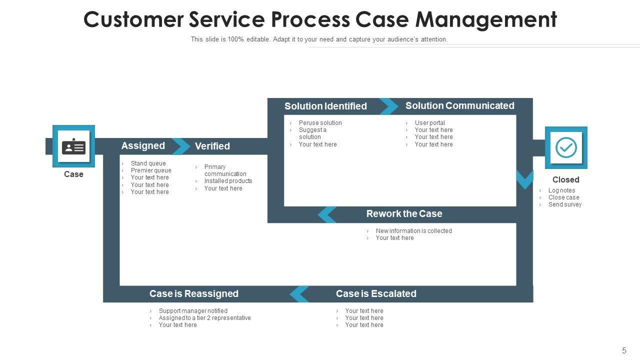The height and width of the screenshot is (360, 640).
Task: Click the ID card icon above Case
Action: (73, 146)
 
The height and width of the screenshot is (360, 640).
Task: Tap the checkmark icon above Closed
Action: (566, 147)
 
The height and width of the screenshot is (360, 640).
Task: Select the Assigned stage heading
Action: (143, 146)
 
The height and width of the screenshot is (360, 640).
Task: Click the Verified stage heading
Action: (212, 146)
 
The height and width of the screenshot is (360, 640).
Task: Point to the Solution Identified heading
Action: (325, 106)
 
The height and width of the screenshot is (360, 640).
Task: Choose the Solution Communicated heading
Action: (459, 105)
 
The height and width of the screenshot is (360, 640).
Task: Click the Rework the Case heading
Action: (404, 214)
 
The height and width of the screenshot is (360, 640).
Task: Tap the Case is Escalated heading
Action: (376, 294)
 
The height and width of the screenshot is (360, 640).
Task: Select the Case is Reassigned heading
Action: (193, 294)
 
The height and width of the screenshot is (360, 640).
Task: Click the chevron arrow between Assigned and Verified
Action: (181, 146)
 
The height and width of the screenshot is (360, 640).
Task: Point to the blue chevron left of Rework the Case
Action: (327, 214)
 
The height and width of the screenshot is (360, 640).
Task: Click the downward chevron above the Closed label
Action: (524, 179)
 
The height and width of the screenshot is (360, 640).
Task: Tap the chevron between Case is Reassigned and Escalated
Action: (299, 294)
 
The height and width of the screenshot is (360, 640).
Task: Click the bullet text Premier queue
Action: (151, 170)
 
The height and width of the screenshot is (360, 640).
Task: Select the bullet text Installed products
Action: (228, 181)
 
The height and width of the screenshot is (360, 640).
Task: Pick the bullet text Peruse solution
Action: (320, 123)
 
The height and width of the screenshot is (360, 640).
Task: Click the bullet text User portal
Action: (429, 123)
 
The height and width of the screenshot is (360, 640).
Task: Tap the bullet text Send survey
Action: (564, 204)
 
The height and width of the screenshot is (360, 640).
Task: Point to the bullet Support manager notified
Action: (193, 311)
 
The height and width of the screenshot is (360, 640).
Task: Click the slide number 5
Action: (624, 351)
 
